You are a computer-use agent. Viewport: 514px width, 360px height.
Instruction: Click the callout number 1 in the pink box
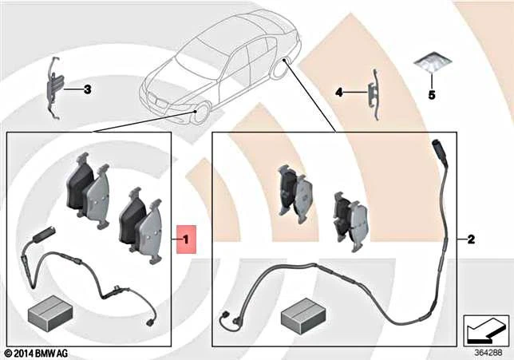[185, 238]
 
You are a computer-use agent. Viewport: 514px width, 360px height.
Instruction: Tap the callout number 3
[87, 90]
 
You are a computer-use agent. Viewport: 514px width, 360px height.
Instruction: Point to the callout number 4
[338, 93]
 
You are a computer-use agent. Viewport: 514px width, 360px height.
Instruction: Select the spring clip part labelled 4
[374, 93]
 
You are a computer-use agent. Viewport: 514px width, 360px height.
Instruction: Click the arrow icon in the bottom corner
[485, 326]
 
